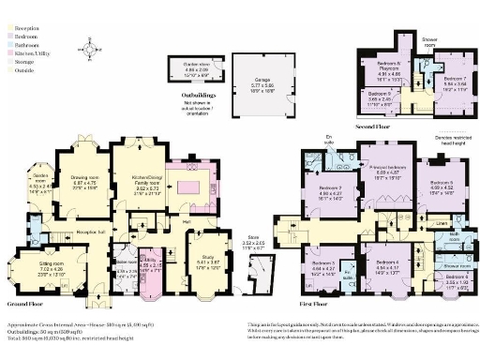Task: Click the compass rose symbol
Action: click(x=86, y=46)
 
